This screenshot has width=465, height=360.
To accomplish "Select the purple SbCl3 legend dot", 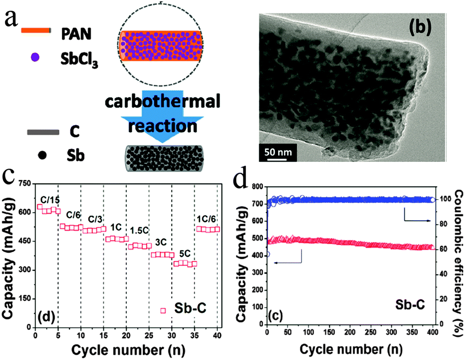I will pos(34,57).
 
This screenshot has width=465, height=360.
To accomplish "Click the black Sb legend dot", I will pos(42,155).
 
